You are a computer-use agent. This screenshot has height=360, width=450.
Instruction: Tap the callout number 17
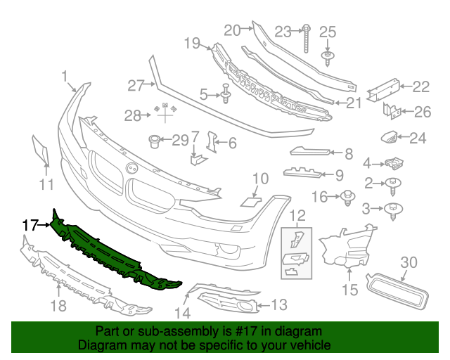click(29, 226)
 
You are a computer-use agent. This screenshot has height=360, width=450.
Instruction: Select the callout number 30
click(409, 262)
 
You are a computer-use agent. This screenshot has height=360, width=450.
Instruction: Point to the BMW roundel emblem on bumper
click(131, 168)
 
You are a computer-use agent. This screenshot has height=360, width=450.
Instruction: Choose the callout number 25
click(328, 32)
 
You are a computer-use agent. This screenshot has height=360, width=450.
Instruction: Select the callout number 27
click(135, 86)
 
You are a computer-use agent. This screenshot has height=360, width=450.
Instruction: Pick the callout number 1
click(65, 76)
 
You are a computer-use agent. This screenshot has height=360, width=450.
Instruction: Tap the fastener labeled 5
click(225, 92)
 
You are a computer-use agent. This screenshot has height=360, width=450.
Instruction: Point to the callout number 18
click(59, 304)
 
